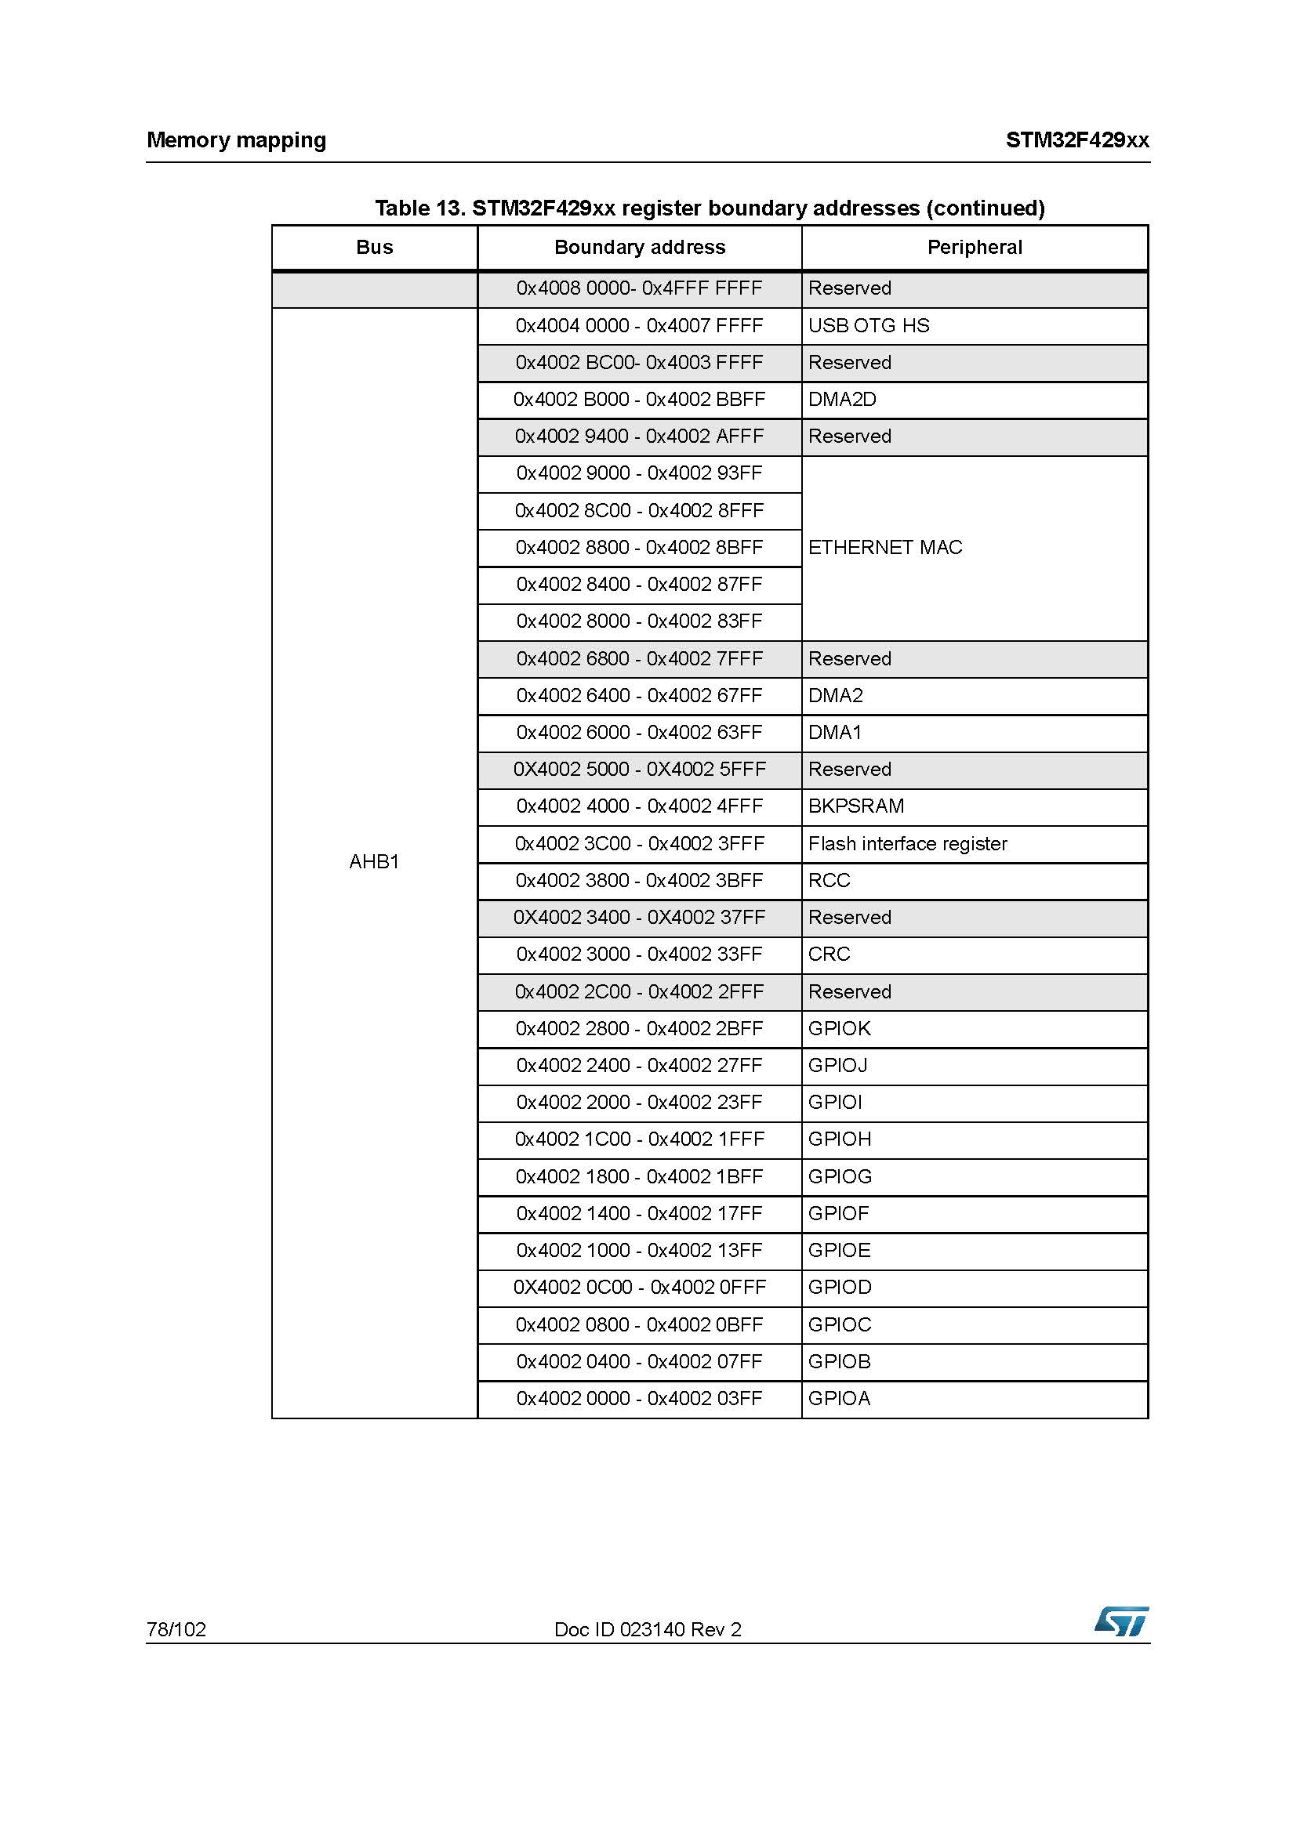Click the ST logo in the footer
[1121, 1621]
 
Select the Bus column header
[374, 248]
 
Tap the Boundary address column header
[639, 248]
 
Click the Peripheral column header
[975, 248]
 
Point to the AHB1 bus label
[374, 861]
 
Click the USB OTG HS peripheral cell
[869, 326]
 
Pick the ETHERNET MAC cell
[884, 548]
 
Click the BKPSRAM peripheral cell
[856, 806]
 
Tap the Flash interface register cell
[907, 844]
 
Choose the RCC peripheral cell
[829, 881]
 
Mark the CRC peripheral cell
[829, 954]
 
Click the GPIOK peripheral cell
[839, 1028]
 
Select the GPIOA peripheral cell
[839, 1398]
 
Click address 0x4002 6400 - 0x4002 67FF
[639, 695]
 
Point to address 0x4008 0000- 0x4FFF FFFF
[639, 288]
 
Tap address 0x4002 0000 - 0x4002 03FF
[639, 1398]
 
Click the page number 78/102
[176, 1629]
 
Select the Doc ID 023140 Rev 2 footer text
[648, 1629]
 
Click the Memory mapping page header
[236, 140]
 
